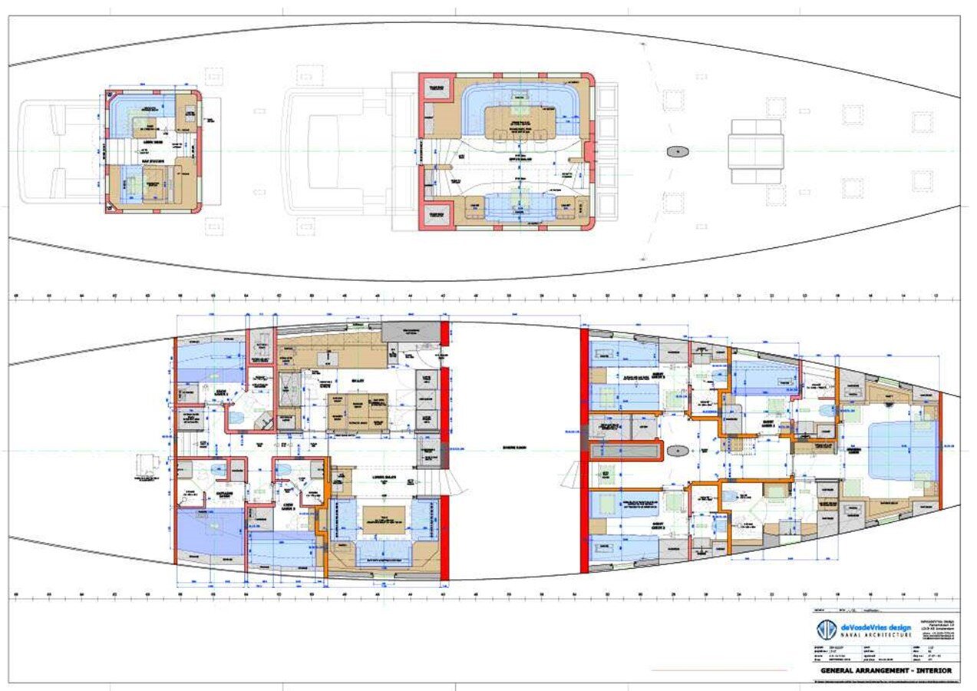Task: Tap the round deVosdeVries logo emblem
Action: tap(826, 630)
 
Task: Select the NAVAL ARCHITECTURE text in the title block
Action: tap(876, 635)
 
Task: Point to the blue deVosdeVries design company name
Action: tap(876, 626)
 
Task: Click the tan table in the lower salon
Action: tap(383, 520)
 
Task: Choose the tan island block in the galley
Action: tap(358, 412)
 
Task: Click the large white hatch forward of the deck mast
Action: tap(756, 151)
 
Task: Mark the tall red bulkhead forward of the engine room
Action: tap(584, 451)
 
